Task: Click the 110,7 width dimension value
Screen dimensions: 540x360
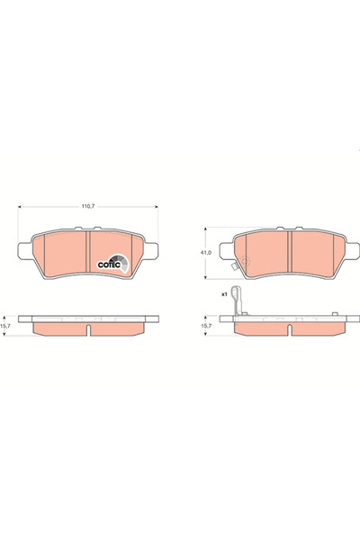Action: pos(88,206)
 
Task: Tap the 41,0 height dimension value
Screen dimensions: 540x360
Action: pos(206,253)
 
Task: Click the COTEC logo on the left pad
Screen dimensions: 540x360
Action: pos(113,264)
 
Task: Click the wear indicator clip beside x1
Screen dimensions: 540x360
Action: pos(237,301)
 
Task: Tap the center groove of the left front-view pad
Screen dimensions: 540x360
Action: pos(88,257)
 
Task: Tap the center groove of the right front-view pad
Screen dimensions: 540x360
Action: pos(289,255)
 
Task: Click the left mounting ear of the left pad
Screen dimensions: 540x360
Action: pos(25,249)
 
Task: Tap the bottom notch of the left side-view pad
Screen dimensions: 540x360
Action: pos(88,336)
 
